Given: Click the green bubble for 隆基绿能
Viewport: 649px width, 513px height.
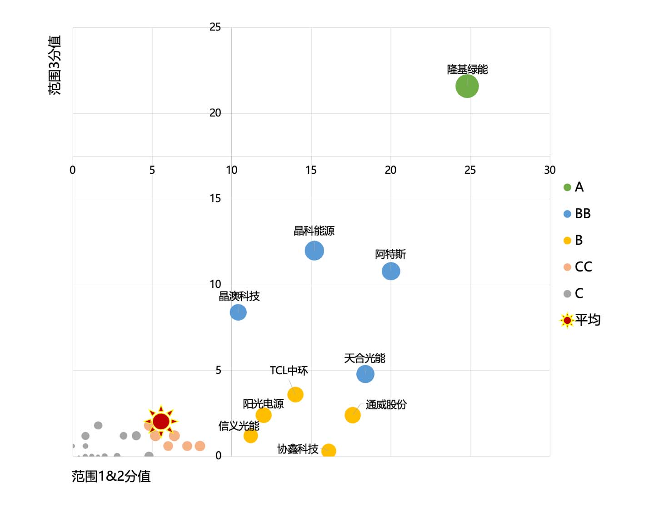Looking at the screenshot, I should pos(467,86).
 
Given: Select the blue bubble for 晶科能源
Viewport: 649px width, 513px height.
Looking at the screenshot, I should pos(314,251).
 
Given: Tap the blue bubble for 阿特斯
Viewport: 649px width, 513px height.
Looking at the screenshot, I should pos(390,272).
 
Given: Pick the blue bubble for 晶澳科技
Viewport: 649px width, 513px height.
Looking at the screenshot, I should pos(238,312).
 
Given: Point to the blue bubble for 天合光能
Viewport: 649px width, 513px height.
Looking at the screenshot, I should pos(365,374).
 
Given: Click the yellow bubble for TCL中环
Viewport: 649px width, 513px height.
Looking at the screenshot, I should pos(295,394).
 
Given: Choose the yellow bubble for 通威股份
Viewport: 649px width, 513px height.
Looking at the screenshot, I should pos(352,415).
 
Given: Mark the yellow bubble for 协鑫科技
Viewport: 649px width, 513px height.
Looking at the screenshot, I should pos(328,451).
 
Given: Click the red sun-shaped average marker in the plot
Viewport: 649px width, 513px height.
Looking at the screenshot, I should pos(161,421).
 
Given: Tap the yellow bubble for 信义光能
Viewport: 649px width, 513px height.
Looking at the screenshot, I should pos(250,436).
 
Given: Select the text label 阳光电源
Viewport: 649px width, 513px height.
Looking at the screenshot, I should pos(263,403).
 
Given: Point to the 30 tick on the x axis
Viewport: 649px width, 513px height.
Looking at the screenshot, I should pos(549,170).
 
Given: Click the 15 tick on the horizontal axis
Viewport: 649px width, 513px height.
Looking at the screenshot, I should pos(311,170).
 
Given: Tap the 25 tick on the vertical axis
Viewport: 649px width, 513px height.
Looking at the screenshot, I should pos(215,27).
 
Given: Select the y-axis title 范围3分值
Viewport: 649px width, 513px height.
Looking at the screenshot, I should pos(55,65).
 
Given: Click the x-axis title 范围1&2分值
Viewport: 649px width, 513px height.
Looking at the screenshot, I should pos(111,476).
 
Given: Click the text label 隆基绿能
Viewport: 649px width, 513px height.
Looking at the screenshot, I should pos(467,70).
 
